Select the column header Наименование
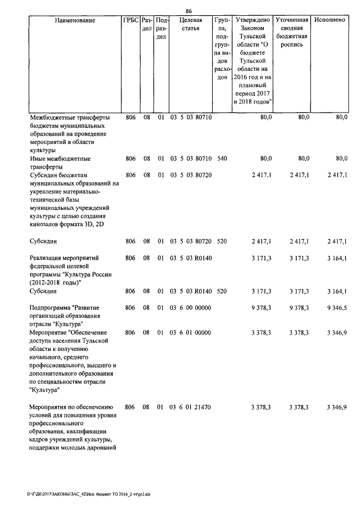coord(75,20)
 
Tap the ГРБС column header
coord(130,20)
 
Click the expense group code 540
coord(222,159)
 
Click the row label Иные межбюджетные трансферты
coord(59,163)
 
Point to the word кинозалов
coord(47,225)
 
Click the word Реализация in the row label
coord(48,258)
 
